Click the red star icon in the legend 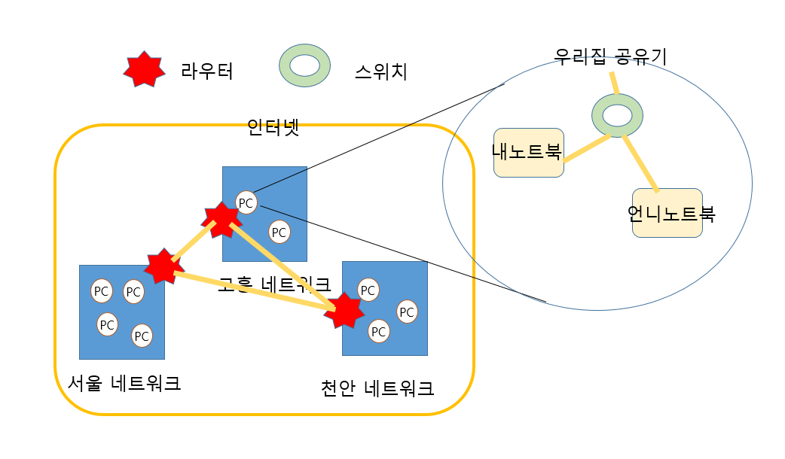click(x=144, y=68)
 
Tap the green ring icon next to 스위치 click(x=304, y=65)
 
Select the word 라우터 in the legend click(x=207, y=71)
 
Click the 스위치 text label click(x=380, y=72)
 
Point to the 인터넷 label click(x=273, y=129)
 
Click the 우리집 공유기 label click(x=610, y=56)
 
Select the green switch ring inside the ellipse click(x=617, y=115)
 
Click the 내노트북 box click(x=528, y=153)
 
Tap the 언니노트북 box click(x=668, y=214)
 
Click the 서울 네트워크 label click(x=124, y=383)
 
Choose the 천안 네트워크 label click(x=377, y=388)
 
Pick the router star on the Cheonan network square click(x=345, y=310)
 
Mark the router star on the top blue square click(x=221, y=218)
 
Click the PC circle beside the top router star click(x=246, y=202)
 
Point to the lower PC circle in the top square click(x=279, y=232)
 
